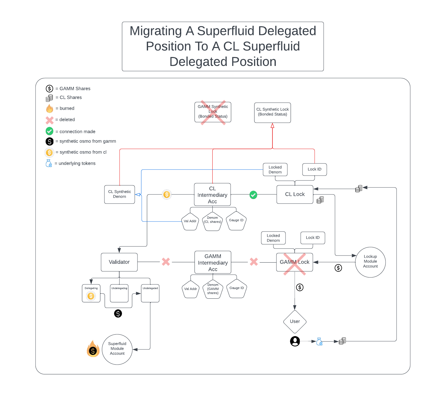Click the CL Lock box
295,194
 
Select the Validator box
119,262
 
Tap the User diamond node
295,322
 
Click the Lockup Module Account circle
370,262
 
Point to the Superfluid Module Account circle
117,349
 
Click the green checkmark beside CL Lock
253,195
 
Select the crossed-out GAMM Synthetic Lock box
213,112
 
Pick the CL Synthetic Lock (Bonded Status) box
272,112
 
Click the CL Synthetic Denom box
119,194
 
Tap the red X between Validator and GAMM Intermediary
166,262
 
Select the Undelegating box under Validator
119,293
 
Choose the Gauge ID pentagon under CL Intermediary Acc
236,221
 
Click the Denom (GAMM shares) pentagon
213,289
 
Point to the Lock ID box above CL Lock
314,169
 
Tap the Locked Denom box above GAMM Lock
273,238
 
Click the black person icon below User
295,341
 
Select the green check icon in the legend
49,131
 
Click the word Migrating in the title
156,31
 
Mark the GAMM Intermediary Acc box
213,262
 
